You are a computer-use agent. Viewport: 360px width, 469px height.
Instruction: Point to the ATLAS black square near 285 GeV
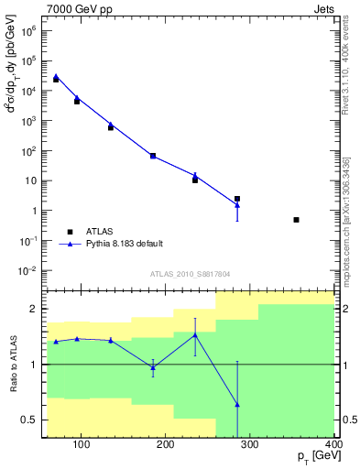237,199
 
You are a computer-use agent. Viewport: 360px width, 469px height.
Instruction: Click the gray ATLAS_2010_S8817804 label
191,273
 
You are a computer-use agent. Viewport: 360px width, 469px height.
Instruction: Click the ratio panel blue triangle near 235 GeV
195,335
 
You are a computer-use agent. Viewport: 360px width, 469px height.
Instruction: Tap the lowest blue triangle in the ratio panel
237,404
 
